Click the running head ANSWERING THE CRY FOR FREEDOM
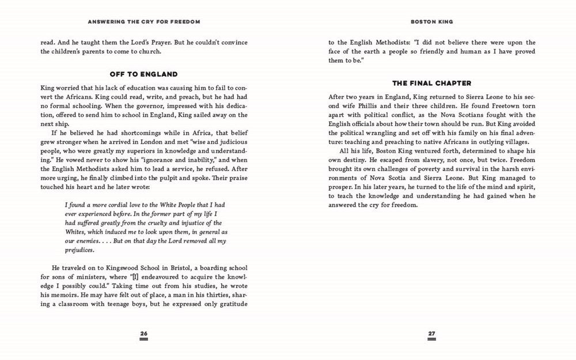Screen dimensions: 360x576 pyautogui.click(x=143, y=22)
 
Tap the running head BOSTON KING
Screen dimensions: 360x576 pyautogui.click(x=431, y=22)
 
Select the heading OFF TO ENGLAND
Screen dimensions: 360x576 pyautogui.click(x=143, y=74)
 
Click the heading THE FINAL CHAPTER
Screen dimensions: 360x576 pyautogui.click(x=431, y=84)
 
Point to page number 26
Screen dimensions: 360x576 pyautogui.click(x=144, y=334)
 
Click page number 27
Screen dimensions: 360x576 pyautogui.click(x=431, y=334)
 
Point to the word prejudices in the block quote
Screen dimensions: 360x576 pyautogui.click(x=80, y=250)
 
